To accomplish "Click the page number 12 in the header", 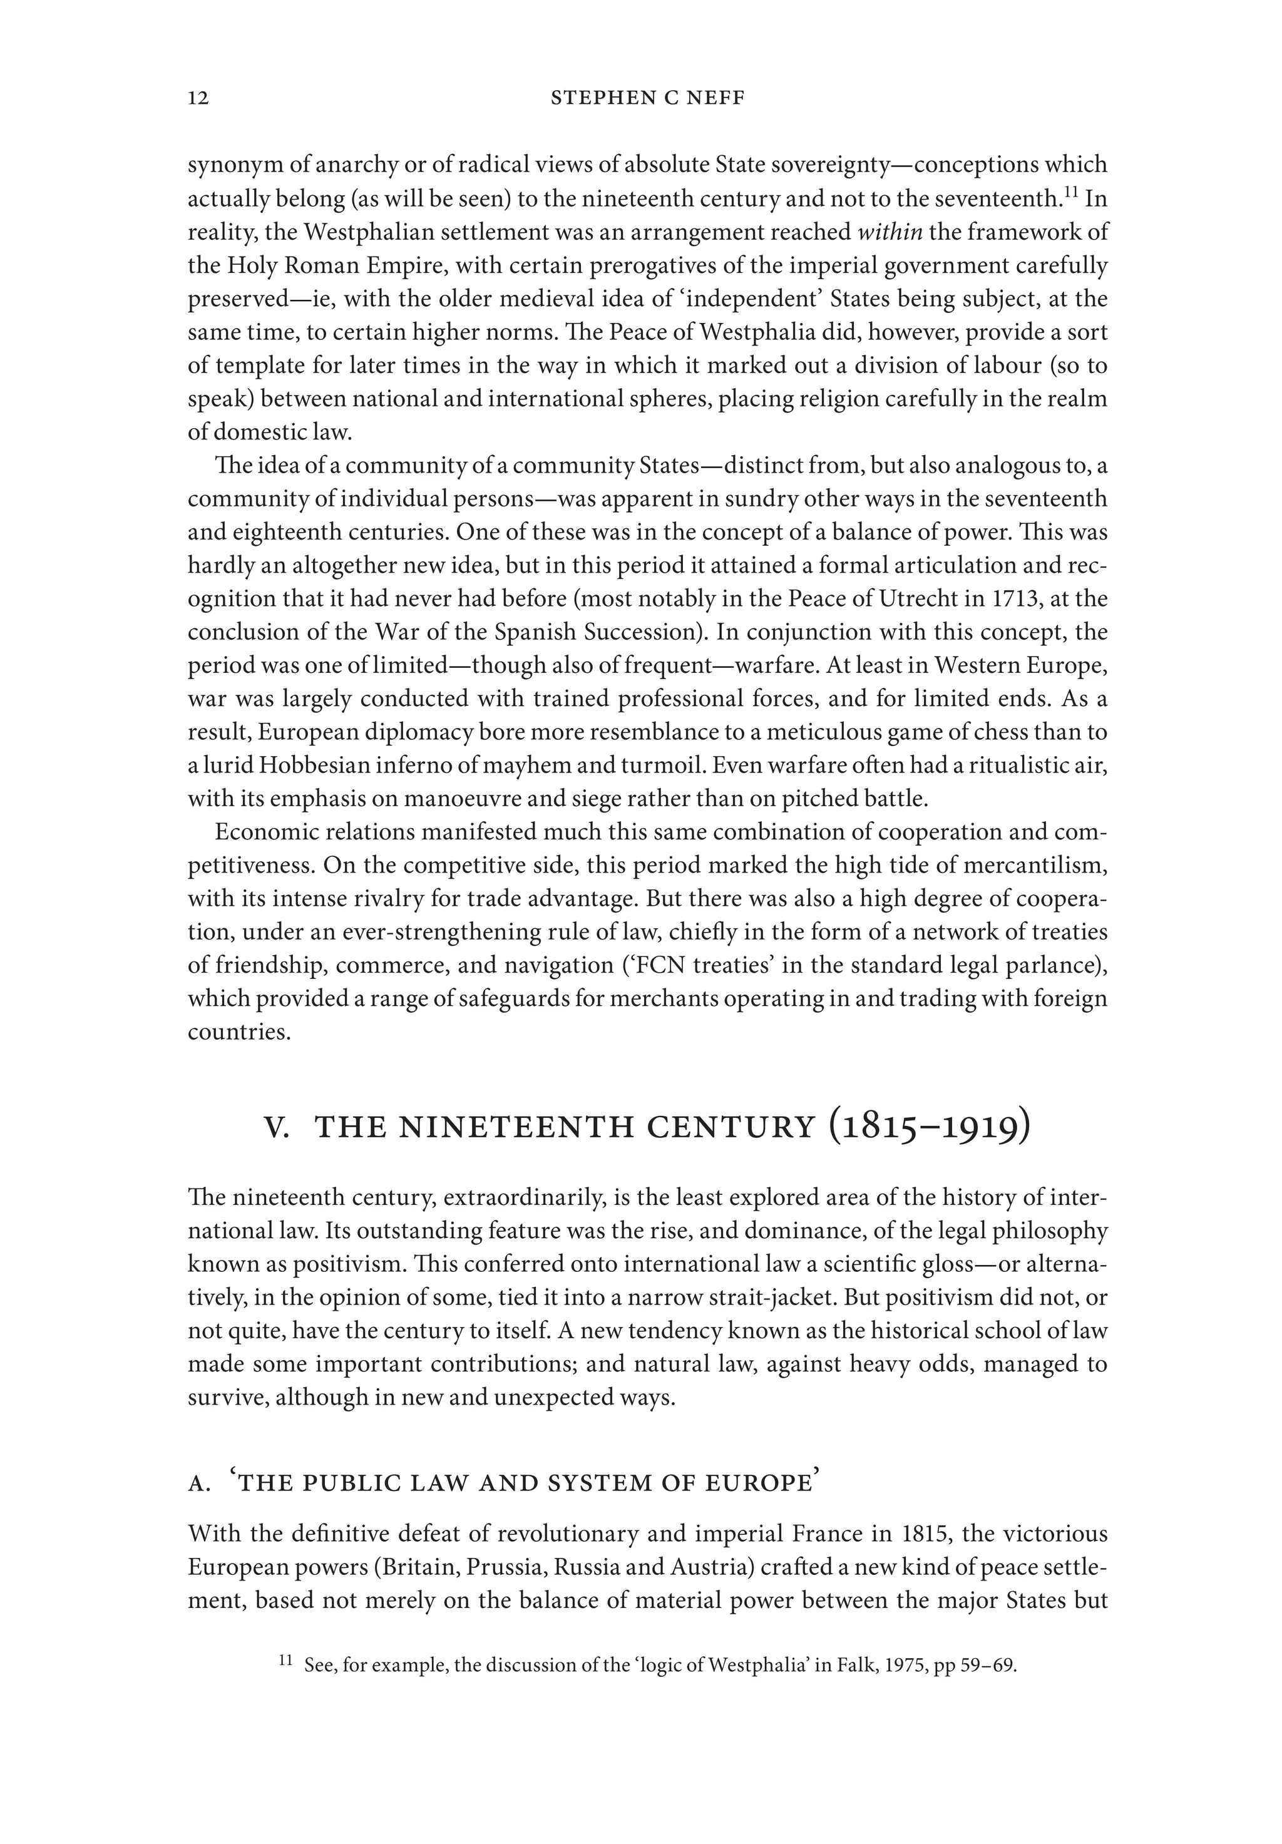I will [198, 98].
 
